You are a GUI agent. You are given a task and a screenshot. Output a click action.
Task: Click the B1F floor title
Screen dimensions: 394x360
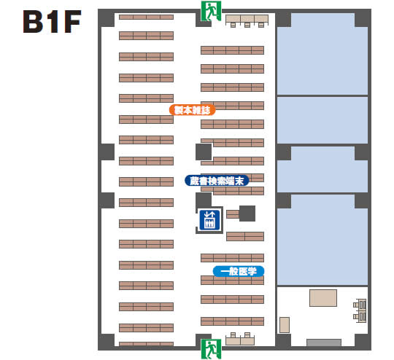52,22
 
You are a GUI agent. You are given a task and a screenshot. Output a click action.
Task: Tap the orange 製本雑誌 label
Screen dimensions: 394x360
192,110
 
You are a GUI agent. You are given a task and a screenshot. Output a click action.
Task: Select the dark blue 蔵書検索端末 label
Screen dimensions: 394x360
217,181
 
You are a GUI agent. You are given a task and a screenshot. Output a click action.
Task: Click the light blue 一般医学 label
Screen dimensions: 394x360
239,271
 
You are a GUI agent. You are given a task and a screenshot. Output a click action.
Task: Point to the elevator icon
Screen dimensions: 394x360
209,220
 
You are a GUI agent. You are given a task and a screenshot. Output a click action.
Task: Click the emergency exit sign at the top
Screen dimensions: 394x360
211,11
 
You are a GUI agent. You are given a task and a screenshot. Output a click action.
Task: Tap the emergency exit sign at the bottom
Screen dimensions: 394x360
211,349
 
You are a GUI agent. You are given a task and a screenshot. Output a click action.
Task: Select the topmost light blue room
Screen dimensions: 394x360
322,54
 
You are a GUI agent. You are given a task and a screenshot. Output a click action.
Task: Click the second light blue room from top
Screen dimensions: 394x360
322,120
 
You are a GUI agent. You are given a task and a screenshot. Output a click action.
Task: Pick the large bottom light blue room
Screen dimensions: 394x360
322,240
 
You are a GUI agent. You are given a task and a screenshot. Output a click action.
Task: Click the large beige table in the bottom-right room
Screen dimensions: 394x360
323,298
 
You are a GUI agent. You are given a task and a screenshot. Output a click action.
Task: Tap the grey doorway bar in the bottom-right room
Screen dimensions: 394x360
324,343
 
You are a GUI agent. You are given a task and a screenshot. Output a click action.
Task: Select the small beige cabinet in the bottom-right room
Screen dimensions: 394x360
285,325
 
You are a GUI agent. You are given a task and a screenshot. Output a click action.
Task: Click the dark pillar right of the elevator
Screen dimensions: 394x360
247,214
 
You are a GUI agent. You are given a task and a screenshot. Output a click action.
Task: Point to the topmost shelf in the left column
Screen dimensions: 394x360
146,17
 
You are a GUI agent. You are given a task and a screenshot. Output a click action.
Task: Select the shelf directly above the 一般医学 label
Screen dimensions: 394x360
233,258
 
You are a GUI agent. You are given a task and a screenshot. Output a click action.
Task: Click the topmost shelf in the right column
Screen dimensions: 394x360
233,50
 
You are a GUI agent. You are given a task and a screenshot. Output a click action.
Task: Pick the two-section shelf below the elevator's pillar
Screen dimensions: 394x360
245,236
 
